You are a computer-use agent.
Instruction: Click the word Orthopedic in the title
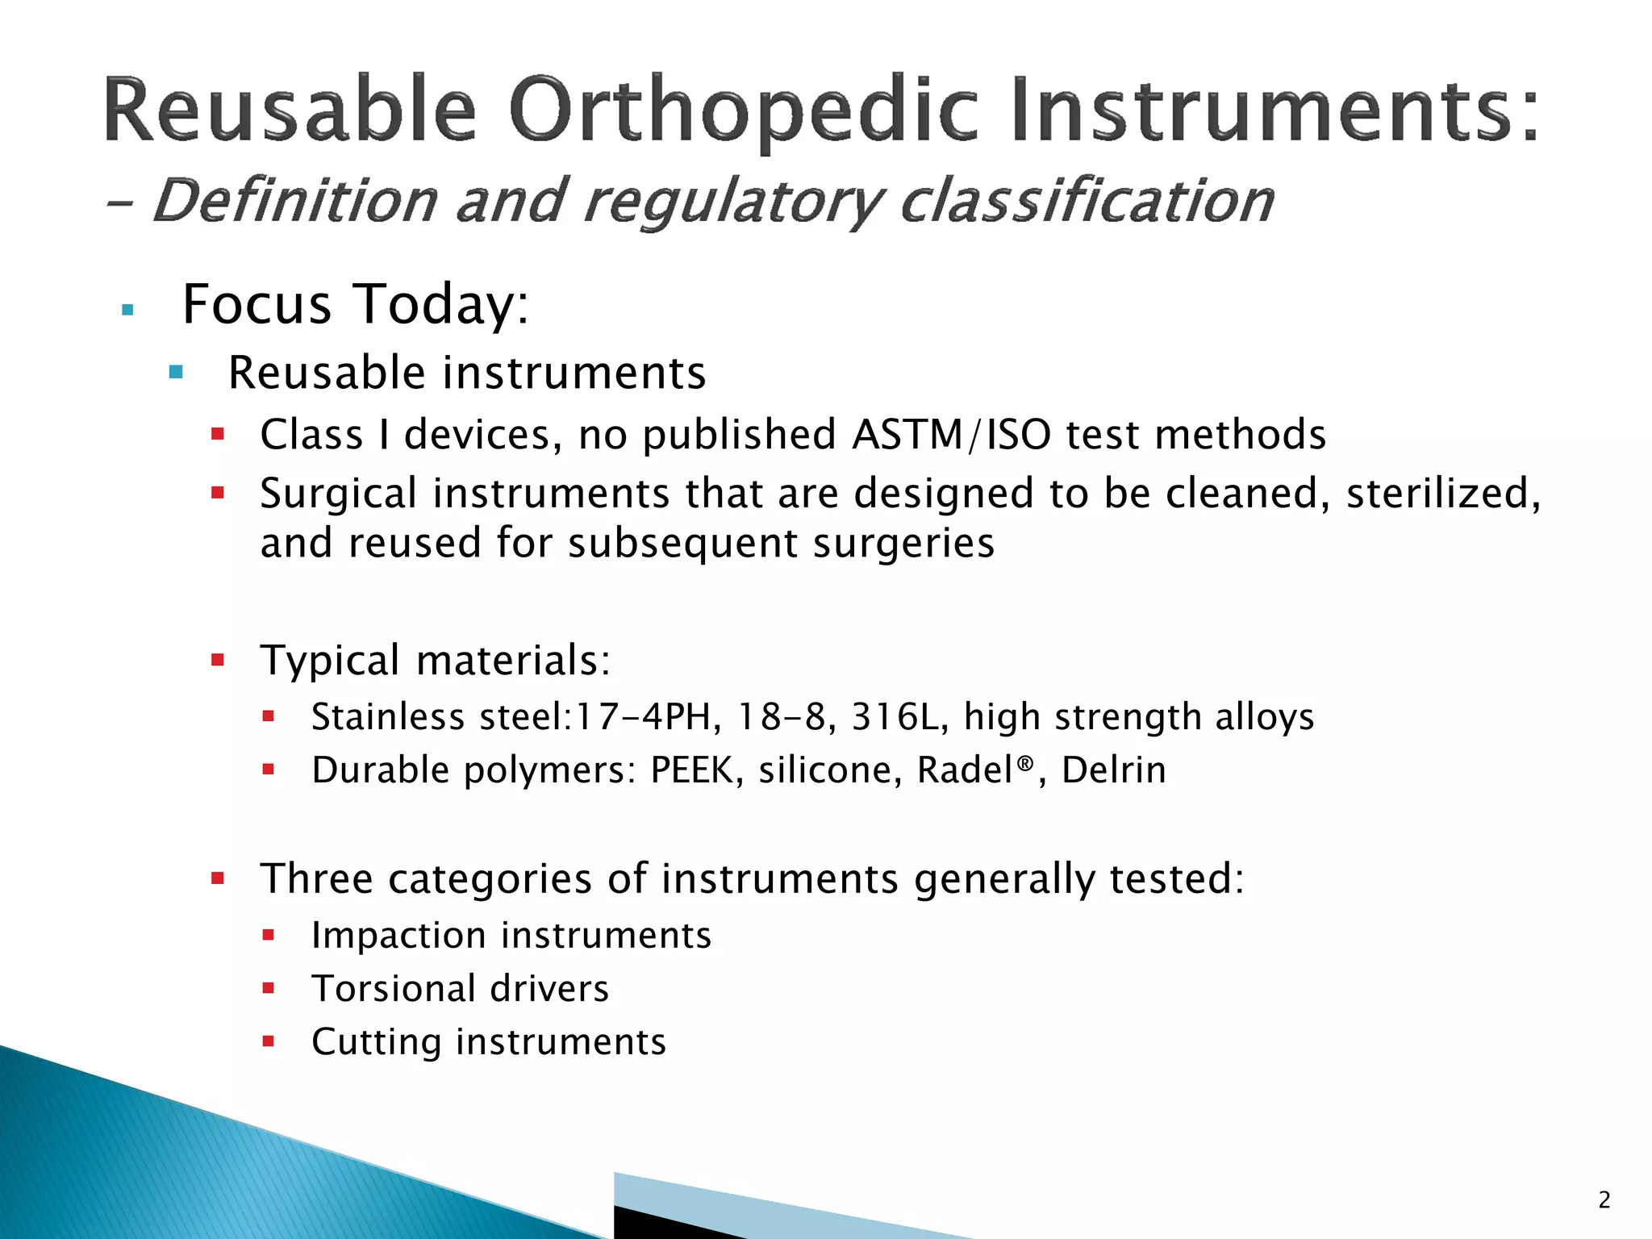point(742,111)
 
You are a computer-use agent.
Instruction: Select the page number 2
point(1604,1200)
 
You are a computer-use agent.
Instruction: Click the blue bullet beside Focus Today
point(127,310)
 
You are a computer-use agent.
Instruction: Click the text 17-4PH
point(643,717)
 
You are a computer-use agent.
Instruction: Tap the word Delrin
point(1113,770)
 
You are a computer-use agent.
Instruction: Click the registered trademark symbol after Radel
point(1024,762)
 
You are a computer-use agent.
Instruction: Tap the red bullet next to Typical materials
point(217,661)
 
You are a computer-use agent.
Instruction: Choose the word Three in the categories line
point(316,879)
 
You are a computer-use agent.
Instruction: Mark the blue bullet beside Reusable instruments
point(176,373)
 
